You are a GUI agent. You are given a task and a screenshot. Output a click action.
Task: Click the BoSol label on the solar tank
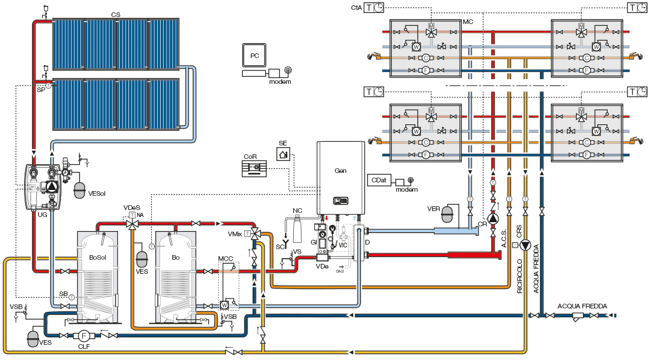[97, 257]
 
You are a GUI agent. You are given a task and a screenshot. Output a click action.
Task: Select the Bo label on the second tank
[175, 257]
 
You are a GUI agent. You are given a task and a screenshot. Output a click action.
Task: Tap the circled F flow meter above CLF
[83, 336]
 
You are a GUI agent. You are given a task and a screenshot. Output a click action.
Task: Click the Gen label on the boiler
[341, 171]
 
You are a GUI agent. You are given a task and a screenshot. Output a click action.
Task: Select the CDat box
[378, 182]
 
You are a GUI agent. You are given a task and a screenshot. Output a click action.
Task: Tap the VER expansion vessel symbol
[449, 214]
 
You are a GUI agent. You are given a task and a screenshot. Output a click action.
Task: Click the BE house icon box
[284, 153]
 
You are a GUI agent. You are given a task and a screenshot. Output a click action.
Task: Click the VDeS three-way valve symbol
[133, 224]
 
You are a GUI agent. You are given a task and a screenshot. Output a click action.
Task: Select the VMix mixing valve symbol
[256, 233]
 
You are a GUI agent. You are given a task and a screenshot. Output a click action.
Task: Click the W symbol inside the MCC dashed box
[225, 305]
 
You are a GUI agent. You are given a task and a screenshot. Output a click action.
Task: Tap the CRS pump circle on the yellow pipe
[525, 245]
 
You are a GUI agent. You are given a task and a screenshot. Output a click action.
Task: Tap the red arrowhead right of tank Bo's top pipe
[219, 223]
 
